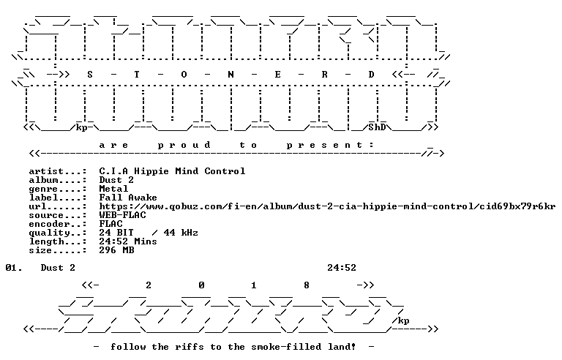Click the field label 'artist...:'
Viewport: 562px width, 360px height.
click(58, 171)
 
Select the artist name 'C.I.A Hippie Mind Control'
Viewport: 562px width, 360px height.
click(172, 171)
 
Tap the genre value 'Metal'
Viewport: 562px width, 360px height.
click(113, 189)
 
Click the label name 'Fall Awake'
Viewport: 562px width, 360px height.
click(128, 198)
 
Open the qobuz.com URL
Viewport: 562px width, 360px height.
click(327, 206)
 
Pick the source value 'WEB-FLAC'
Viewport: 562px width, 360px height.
click(123, 215)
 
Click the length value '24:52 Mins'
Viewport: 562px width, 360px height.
click(128, 241)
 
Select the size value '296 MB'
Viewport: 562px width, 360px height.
click(116, 250)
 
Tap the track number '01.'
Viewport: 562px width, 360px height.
click(14, 268)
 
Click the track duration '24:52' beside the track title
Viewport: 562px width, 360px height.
click(342, 268)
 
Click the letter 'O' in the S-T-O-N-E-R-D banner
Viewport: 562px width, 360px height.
click(184, 75)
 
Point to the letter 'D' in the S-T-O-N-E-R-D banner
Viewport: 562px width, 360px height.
click(371, 75)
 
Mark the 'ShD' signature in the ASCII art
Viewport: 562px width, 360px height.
click(377, 127)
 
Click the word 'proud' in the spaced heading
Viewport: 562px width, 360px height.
click(184, 145)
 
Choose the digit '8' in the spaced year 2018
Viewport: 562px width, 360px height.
click(307, 285)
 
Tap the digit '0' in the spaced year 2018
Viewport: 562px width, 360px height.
click(201, 285)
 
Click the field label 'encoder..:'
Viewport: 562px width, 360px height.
click(58, 224)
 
